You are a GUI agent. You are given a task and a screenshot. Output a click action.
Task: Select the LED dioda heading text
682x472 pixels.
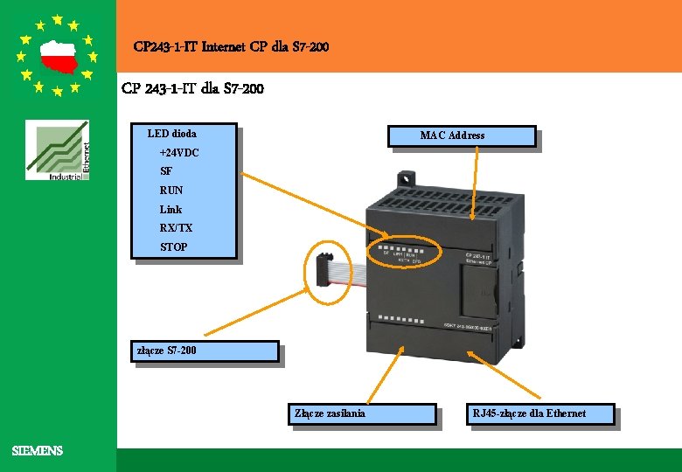[x=172, y=134]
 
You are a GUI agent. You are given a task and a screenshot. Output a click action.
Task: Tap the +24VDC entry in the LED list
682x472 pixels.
[x=179, y=153]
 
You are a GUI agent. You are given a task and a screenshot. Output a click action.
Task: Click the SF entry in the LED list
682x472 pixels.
[x=166, y=172]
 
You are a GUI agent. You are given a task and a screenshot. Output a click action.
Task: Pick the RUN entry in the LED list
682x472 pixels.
[x=171, y=191]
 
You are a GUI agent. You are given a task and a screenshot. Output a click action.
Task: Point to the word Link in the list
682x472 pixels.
[x=170, y=210]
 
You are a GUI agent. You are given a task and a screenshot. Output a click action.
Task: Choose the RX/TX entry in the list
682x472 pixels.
[x=176, y=228]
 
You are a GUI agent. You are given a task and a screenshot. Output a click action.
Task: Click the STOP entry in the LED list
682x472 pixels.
[x=173, y=247]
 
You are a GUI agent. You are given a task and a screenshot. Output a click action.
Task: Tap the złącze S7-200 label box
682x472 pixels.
[x=205, y=351]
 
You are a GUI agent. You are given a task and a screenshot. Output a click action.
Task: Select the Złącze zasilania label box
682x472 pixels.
[x=362, y=413]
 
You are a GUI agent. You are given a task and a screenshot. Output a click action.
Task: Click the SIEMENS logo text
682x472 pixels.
[x=38, y=451]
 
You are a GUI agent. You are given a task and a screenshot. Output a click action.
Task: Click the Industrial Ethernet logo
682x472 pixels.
[x=58, y=151]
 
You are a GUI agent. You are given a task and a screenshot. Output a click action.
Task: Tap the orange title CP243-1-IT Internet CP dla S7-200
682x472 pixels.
[x=232, y=46]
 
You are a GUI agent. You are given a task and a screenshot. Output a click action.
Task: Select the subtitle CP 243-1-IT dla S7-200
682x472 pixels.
[x=192, y=88]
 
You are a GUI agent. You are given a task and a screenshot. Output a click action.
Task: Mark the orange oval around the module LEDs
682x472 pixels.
[x=406, y=254]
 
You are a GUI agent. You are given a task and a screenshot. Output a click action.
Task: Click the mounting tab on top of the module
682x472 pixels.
[x=407, y=179]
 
